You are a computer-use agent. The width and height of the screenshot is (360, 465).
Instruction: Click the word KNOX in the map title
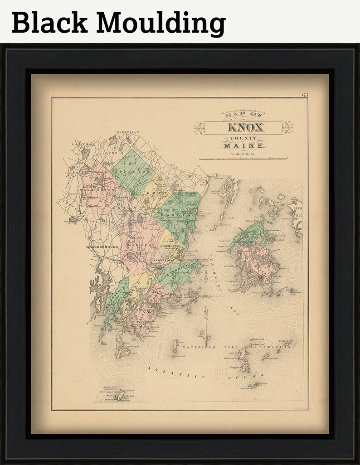(x=243, y=127)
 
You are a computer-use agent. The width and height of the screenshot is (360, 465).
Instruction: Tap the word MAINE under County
(x=244, y=146)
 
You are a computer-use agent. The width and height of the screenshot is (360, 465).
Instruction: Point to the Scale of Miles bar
(x=243, y=159)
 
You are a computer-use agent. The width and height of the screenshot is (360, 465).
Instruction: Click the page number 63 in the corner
(x=304, y=95)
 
